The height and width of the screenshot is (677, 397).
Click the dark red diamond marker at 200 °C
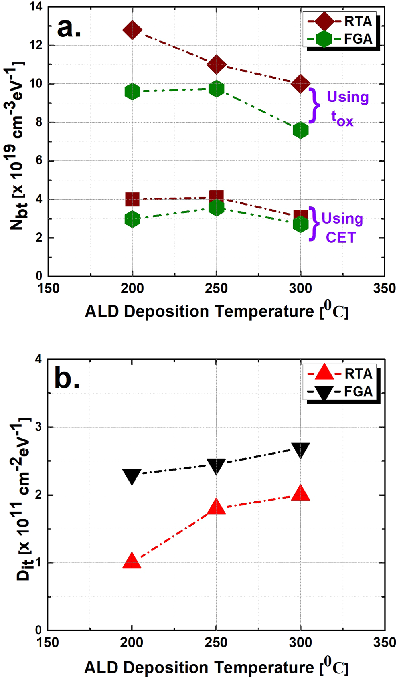[x=132, y=30]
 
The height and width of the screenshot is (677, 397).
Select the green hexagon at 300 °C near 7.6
[x=300, y=130]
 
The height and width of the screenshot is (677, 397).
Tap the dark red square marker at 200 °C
[x=132, y=199]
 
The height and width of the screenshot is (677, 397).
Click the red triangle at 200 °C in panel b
[x=132, y=562]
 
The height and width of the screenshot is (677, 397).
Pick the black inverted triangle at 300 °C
[x=300, y=450]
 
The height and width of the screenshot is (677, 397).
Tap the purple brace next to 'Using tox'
[x=315, y=105]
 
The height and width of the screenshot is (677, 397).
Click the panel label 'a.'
[x=69, y=28]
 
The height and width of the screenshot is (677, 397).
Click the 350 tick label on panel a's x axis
[x=384, y=289]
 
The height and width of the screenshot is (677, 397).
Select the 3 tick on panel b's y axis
[x=38, y=427]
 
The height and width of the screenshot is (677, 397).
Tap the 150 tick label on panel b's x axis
[x=48, y=643]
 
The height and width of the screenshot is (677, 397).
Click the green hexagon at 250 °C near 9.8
[x=216, y=89]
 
